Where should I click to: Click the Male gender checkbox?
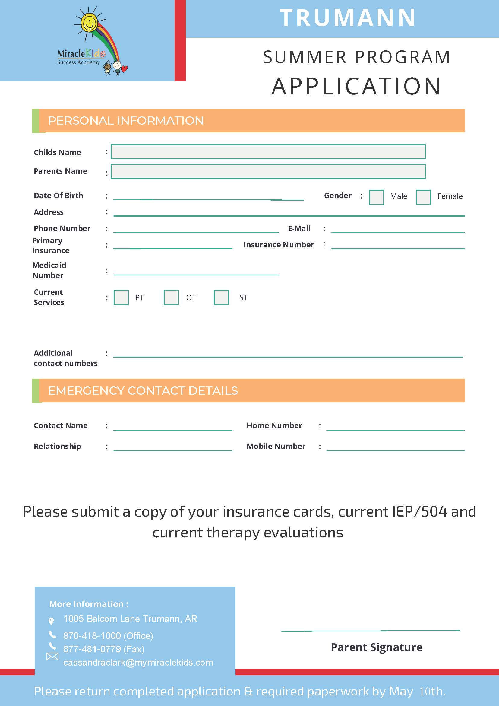(376, 197)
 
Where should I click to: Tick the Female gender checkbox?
(423, 197)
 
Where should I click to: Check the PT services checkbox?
(121, 297)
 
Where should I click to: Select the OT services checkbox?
(171, 297)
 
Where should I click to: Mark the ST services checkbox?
(221, 297)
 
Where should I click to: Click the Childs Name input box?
(268, 151)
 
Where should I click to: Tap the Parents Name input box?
(268, 171)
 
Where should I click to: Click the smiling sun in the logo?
(89, 22)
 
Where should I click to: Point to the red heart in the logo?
(125, 69)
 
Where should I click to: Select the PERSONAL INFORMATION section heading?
(126, 121)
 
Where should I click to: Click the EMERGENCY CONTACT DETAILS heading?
(143, 390)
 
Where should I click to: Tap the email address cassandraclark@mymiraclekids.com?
(138, 662)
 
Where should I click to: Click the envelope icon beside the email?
(52, 657)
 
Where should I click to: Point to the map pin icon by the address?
(51, 621)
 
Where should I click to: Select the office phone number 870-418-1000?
(92, 636)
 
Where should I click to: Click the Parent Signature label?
(376, 647)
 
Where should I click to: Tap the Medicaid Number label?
(49, 270)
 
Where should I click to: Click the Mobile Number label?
(276, 446)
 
